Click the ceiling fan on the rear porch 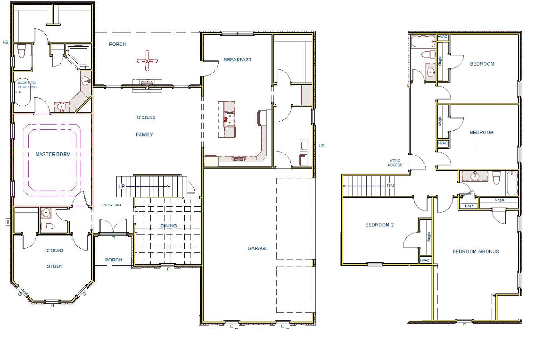pyautogui.click(x=148, y=60)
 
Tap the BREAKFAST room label pyautogui.click(x=237, y=60)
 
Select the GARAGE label pyautogui.click(x=258, y=248)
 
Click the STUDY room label pyautogui.click(x=55, y=267)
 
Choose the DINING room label pyautogui.click(x=168, y=226)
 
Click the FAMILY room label pyautogui.click(x=144, y=135)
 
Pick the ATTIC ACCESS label pyautogui.click(x=395, y=163)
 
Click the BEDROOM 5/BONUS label pyautogui.click(x=475, y=252)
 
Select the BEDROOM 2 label pyautogui.click(x=379, y=225)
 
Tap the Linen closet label pyautogui.click(x=469, y=206)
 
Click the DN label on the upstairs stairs pyautogui.click(x=390, y=186)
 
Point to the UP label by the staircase pyautogui.click(x=122, y=186)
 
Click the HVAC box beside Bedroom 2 pyautogui.click(x=425, y=260)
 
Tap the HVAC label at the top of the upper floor pyautogui.click(x=443, y=37)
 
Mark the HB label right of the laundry pyautogui.click(x=321, y=146)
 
